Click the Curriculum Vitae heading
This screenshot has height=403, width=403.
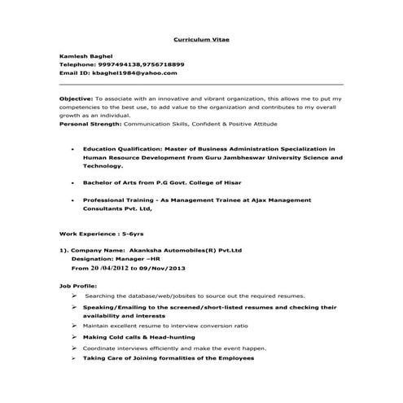[x=201, y=38]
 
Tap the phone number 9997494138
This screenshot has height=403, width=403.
[x=120, y=64]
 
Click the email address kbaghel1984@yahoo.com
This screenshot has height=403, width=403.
[x=134, y=72]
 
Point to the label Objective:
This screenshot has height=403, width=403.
[x=77, y=98]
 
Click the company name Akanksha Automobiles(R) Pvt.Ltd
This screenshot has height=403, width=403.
[x=185, y=250]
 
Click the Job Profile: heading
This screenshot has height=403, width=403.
[x=77, y=286]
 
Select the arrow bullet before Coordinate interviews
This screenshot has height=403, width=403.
[x=74, y=348]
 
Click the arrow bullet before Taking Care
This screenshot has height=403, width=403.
[x=74, y=357]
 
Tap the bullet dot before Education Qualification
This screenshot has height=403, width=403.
[x=74, y=150]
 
